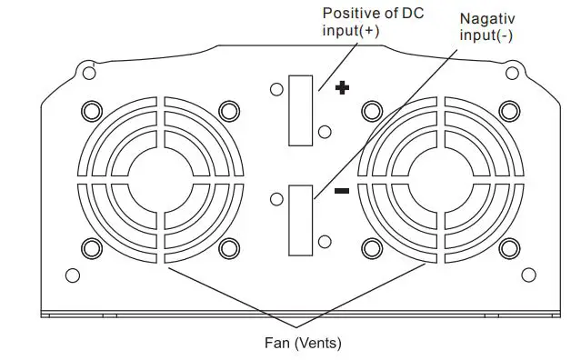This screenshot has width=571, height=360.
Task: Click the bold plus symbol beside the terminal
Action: (343, 89)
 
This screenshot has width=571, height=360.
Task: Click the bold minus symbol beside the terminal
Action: (343, 191)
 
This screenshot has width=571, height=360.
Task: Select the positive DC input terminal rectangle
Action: (301, 111)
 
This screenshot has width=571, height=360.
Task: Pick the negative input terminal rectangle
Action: (301, 221)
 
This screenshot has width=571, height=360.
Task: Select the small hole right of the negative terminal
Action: (325, 242)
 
